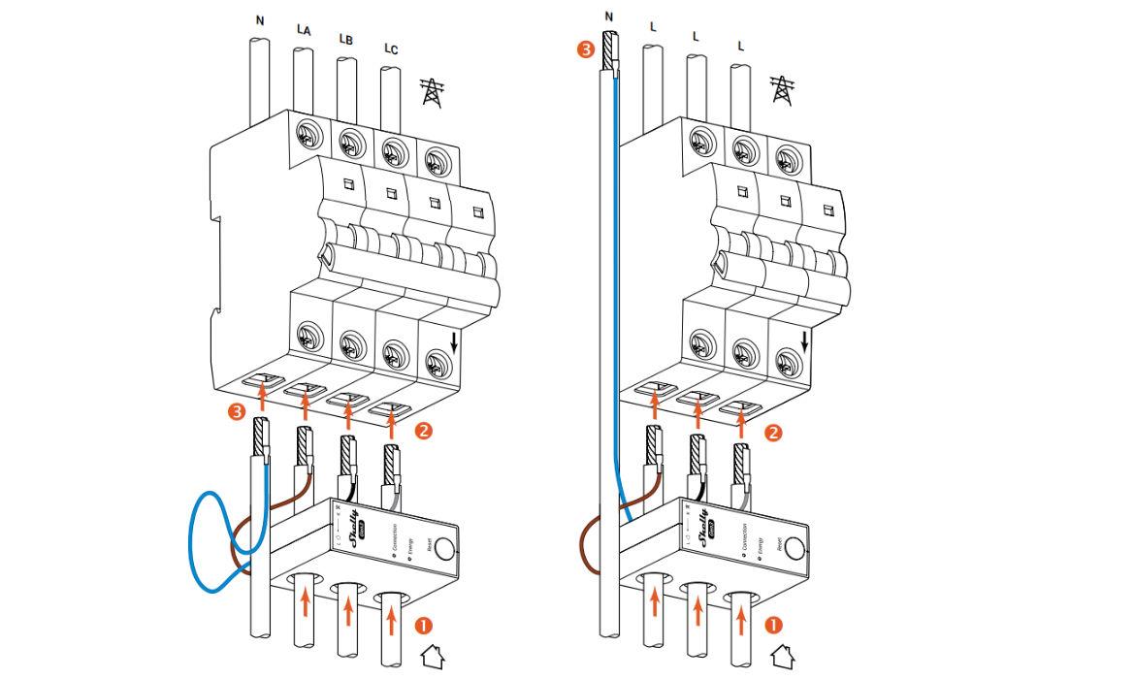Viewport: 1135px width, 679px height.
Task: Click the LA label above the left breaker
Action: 304,31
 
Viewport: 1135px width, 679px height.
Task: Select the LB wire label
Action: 345,40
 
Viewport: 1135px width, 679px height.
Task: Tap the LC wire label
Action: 390,48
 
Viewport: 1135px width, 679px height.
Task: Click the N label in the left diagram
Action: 259,19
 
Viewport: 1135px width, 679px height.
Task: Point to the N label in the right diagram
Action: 608,16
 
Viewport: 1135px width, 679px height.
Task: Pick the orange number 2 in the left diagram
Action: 422,428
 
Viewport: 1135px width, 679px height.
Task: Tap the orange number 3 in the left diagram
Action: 236,413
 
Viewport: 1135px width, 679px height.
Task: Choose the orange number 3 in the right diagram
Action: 584,48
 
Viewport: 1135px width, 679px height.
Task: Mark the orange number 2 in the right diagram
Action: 773,433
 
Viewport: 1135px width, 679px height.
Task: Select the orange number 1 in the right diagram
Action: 774,622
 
